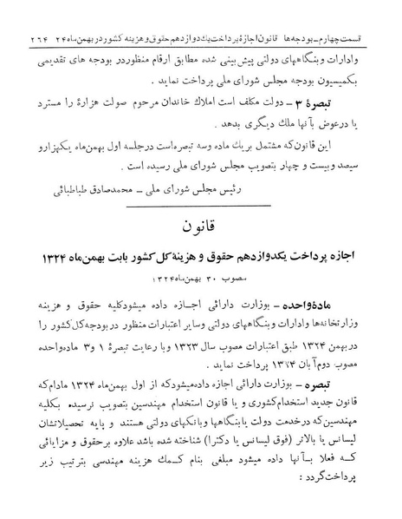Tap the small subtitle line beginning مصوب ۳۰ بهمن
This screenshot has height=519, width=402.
tap(203, 276)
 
